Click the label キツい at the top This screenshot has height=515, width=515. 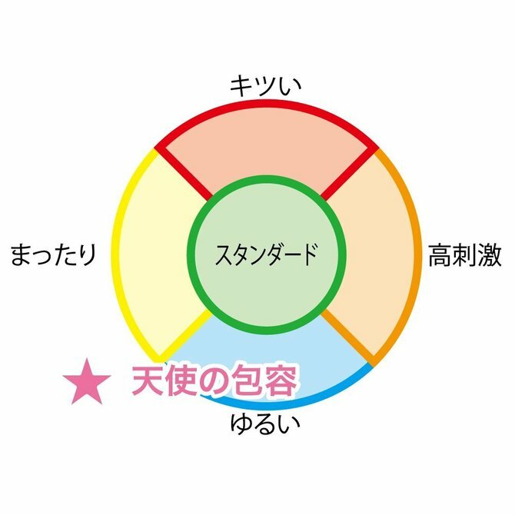click(x=265, y=85)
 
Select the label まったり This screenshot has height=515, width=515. click(x=53, y=255)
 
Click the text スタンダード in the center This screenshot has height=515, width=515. click(x=265, y=254)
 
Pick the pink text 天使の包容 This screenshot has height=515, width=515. click(x=213, y=380)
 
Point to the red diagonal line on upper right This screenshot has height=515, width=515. click(x=347, y=173)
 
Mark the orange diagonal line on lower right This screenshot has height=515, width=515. click(x=347, y=337)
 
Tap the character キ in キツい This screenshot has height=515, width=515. click(x=241, y=85)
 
